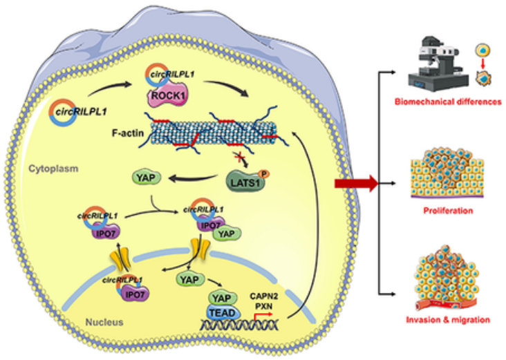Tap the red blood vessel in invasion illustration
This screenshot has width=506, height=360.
(429, 298)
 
